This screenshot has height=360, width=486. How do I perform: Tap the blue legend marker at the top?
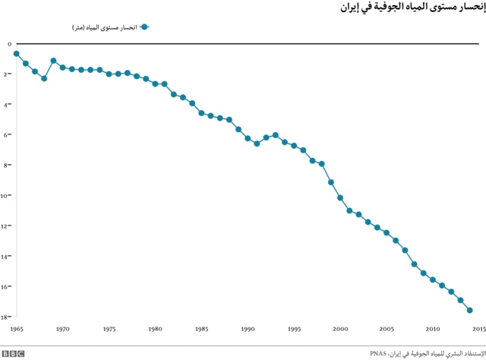144,27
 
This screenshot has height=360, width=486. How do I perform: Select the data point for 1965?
16,53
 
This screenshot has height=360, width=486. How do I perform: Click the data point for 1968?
44,78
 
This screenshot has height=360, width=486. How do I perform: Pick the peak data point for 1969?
53,61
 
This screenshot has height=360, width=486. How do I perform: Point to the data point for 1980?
155,84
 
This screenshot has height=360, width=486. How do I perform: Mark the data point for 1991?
257,144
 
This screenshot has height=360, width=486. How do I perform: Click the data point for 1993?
276,135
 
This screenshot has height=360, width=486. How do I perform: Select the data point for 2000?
340,197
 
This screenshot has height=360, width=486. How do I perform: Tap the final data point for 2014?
470,310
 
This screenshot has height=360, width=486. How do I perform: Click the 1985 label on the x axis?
201,329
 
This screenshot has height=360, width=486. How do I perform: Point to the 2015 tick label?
479,329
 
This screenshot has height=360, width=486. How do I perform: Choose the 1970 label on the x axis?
62,329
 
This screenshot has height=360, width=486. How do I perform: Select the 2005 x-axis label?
387,329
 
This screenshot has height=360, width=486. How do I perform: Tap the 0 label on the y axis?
9,44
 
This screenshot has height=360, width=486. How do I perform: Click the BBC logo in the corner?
14,353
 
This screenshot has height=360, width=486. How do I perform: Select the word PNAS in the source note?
377,353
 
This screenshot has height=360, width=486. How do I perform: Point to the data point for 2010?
433,279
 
